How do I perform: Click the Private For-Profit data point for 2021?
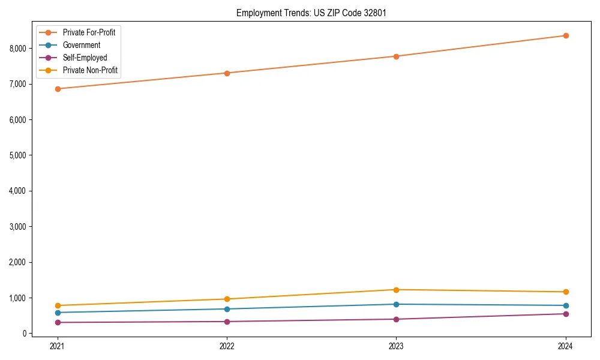58,89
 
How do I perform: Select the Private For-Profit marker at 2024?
566,35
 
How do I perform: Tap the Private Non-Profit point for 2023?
396,290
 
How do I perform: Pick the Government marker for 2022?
227,309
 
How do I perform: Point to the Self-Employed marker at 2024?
566,314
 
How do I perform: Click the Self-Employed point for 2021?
58,322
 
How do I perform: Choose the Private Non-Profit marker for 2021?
58,305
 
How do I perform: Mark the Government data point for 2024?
566,305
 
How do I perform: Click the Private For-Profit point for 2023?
396,56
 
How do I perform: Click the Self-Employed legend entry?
85,58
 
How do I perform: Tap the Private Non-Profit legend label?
90,71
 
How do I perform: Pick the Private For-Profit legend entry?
89,32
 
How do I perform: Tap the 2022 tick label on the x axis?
227,346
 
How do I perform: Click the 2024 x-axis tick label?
566,346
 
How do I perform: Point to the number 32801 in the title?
367,13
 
